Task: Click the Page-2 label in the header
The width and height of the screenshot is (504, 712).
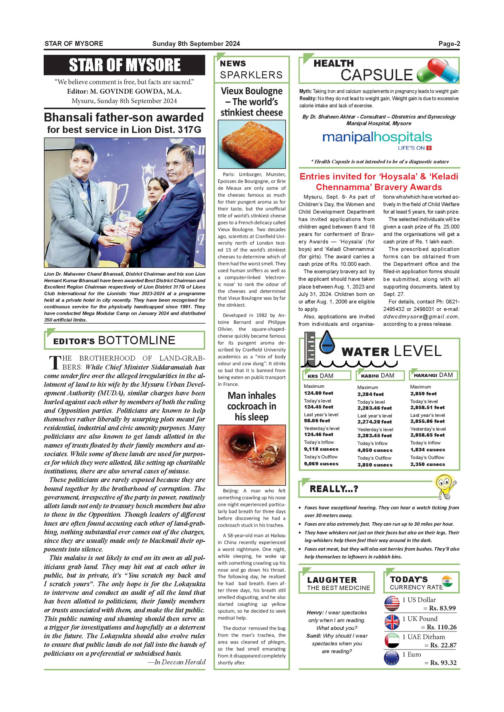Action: tap(449, 44)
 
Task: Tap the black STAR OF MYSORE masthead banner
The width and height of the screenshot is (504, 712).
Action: tap(124, 65)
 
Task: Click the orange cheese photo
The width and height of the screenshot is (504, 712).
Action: tap(251, 144)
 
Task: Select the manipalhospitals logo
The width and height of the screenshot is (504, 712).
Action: tap(377, 138)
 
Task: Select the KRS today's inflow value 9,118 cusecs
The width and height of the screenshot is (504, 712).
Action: tap(321, 449)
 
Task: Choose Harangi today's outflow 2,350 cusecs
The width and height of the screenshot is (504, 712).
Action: tap(427, 464)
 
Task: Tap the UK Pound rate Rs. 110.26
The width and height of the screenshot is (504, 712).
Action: tap(441, 627)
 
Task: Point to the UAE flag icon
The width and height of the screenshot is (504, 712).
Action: tap(392, 641)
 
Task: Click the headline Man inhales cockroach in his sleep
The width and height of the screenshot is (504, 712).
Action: tap(251, 406)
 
